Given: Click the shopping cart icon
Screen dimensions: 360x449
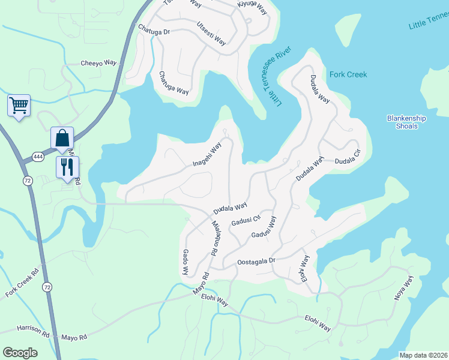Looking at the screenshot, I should click(x=19, y=106).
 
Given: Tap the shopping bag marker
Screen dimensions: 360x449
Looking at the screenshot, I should click(x=62, y=139).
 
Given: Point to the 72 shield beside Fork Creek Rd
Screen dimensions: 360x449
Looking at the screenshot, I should click(x=47, y=287).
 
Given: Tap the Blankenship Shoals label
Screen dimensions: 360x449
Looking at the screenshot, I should click(x=406, y=122).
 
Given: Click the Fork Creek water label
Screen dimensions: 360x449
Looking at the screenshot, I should click(x=348, y=75).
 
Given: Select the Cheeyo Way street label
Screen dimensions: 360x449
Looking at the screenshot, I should click(x=98, y=63).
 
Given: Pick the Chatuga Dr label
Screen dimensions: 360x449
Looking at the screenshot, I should click(x=154, y=29).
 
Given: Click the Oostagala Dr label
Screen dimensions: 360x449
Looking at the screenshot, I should click(x=256, y=261).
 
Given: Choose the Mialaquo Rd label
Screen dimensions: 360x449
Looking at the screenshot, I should click(x=214, y=238).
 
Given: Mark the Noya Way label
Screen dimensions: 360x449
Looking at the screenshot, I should click(x=403, y=287).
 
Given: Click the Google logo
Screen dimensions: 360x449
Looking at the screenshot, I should click(x=20, y=352).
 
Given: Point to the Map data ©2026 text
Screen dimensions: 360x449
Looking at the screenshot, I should click(x=423, y=355).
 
